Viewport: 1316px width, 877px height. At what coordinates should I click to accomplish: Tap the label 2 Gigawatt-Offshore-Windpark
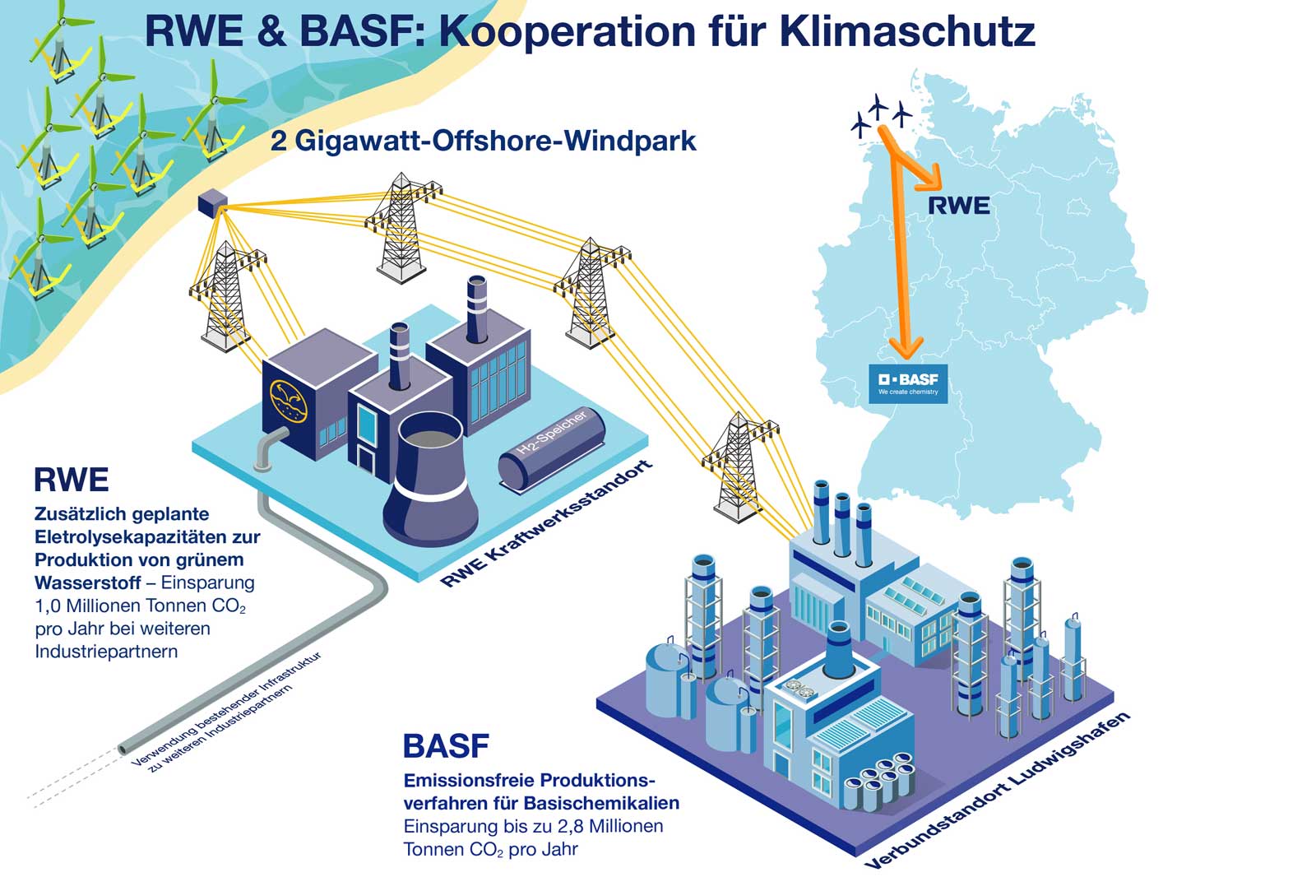[x=484, y=141]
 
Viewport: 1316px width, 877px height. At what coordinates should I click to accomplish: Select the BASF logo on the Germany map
[x=908, y=383]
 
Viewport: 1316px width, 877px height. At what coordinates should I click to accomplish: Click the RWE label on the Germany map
[x=958, y=206]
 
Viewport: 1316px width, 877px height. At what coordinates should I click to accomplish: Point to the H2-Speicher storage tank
[x=552, y=452]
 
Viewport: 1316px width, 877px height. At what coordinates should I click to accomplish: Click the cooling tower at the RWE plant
[x=430, y=481]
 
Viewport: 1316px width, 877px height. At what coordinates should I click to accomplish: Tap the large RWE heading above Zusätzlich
[x=72, y=480]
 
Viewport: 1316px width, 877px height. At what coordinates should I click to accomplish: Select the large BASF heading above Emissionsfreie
[x=446, y=746]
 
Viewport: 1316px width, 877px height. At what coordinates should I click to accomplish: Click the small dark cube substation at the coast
[x=211, y=202]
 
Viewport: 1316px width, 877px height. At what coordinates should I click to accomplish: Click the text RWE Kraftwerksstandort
[x=546, y=525]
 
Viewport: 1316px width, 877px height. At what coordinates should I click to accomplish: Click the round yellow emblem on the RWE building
[x=288, y=401]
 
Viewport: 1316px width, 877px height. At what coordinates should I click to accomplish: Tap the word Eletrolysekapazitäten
[x=147, y=537]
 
